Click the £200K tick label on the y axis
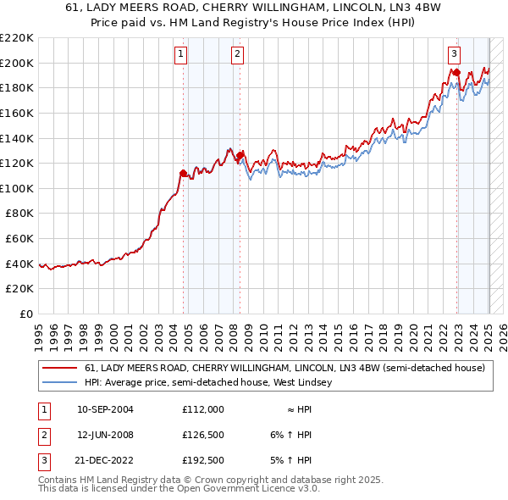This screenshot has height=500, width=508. [17, 63]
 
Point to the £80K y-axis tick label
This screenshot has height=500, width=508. [19, 214]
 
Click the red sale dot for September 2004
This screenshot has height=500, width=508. [184, 173]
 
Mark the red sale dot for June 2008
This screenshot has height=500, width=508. [240, 155]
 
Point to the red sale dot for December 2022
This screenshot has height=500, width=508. [456, 72]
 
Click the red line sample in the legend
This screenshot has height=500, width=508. [59, 368]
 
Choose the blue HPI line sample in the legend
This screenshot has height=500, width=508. [59, 382]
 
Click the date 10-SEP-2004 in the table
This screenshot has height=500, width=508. [105, 409]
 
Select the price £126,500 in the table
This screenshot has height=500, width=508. [202, 436]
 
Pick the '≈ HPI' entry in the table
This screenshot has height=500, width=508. [296, 409]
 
